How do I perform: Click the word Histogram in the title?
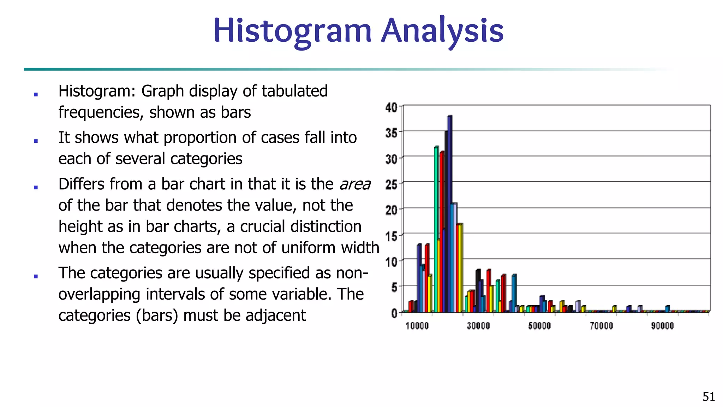pos(292,31)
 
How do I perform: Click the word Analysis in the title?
pos(443,31)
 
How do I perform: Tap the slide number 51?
pos(709,397)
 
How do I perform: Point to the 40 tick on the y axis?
pos(391,107)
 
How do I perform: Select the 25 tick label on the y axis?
pos(391,184)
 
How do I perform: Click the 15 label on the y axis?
pos(391,236)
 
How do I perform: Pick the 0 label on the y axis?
pos(394,313)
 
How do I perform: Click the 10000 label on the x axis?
pos(417,326)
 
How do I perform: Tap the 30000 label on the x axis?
pos(478,326)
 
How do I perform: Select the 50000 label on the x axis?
pos(539,326)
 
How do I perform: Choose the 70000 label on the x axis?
pos(601,326)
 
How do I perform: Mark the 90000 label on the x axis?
pos(662,326)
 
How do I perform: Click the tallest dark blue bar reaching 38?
pos(449,212)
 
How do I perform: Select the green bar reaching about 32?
pos(436,230)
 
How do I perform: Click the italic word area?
pos(355,184)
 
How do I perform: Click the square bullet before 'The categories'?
pos(36,276)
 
